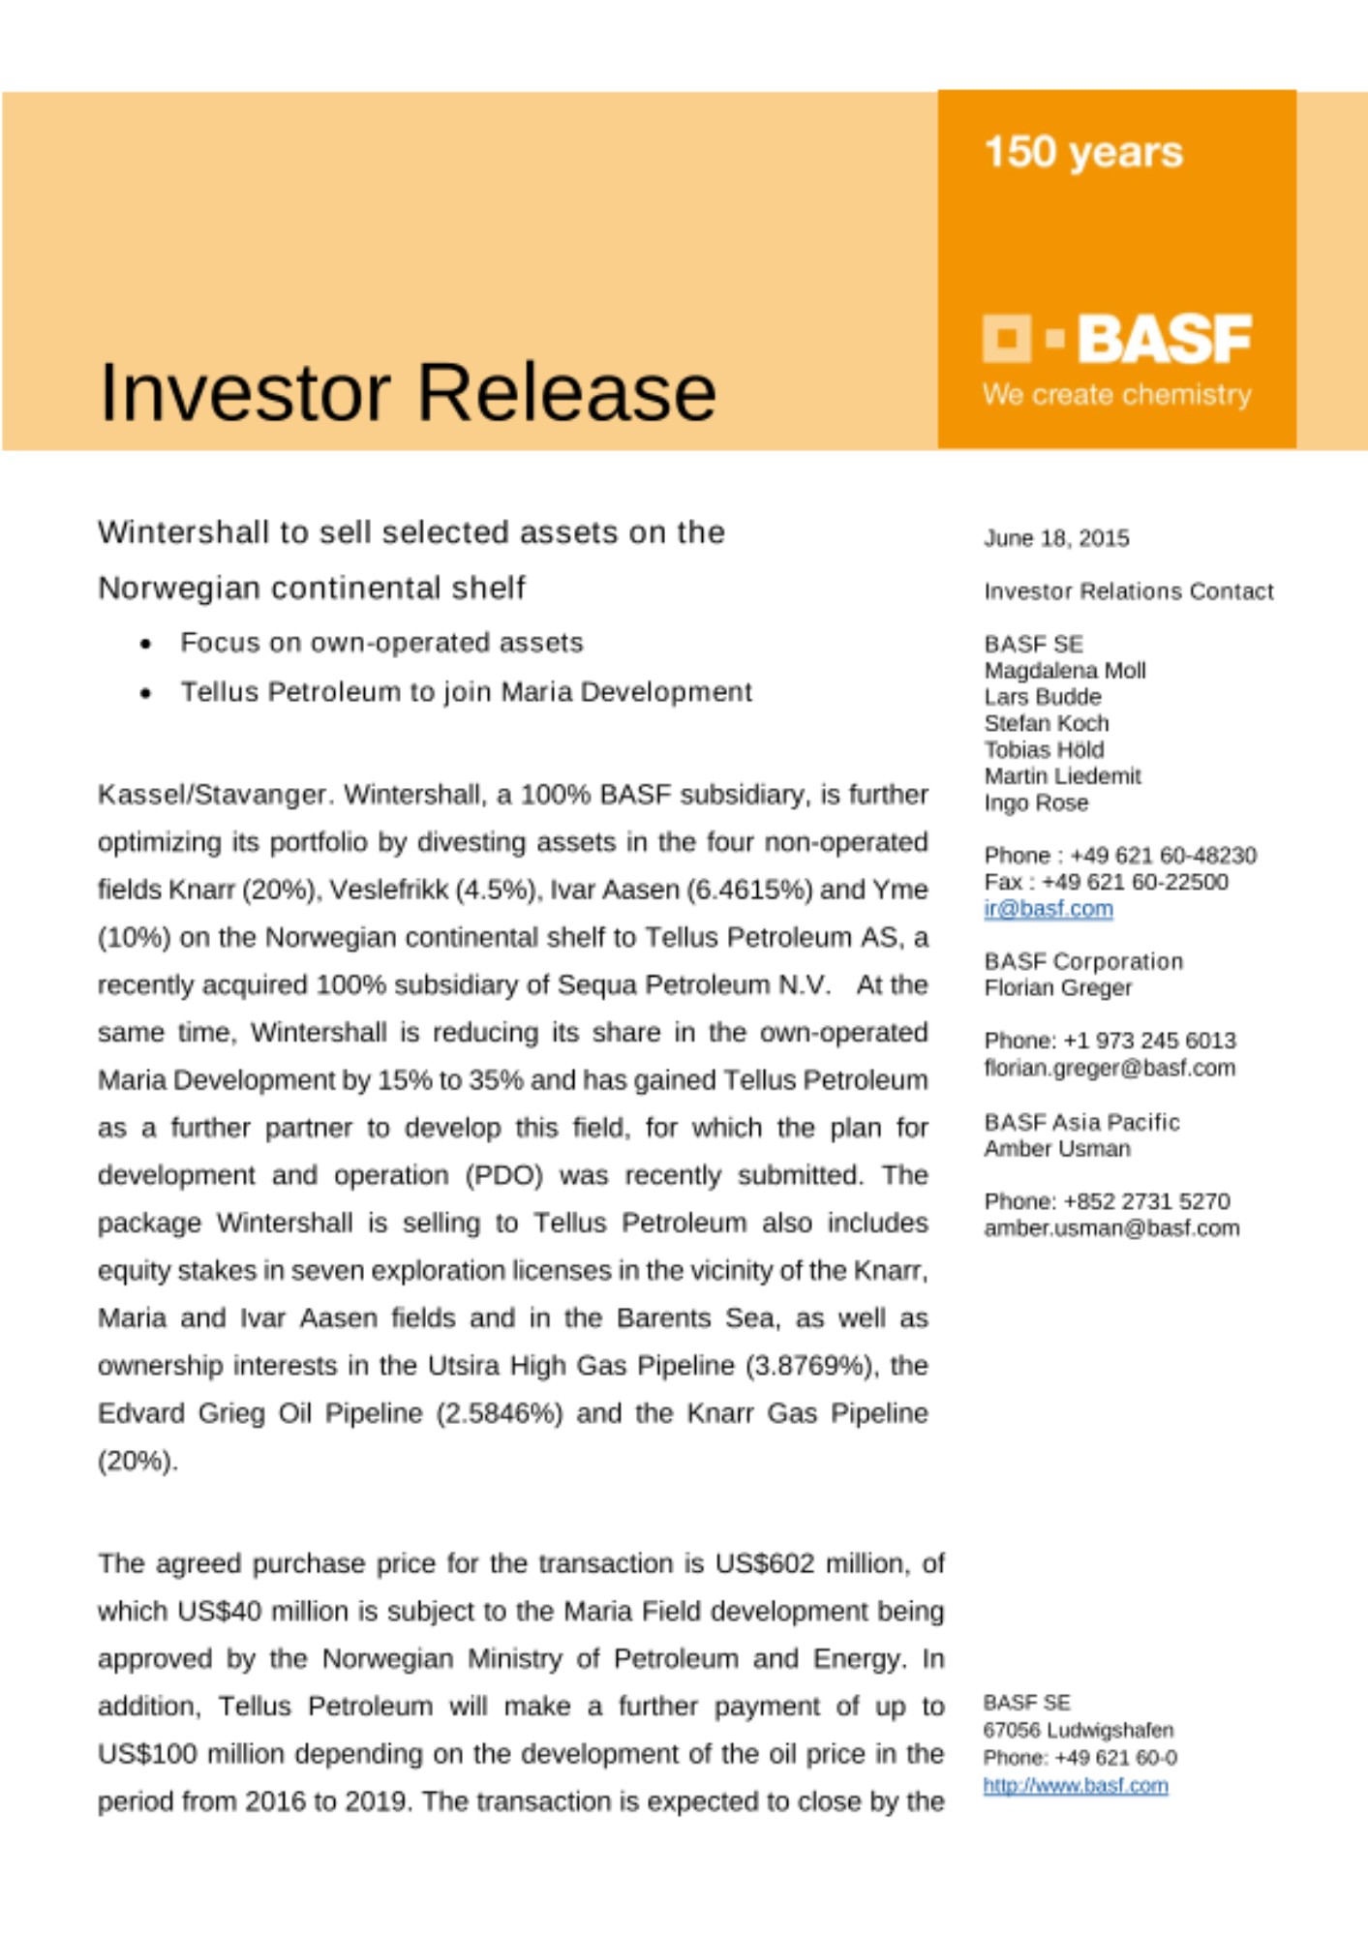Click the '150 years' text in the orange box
pyautogui.click(x=1083, y=152)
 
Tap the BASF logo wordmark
pyautogui.click(x=1164, y=339)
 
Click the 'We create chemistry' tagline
pyautogui.click(x=1116, y=395)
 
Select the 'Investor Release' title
pyautogui.click(x=408, y=392)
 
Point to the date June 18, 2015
pyautogui.click(x=1056, y=538)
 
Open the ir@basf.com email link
pyautogui.click(x=1049, y=909)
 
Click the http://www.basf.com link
pyautogui.click(x=1076, y=1786)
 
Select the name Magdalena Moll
pyautogui.click(x=1065, y=671)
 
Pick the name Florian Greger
pyautogui.click(x=1057, y=988)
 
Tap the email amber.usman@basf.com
pyautogui.click(x=1111, y=1228)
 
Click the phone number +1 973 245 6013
pyautogui.click(x=1149, y=1041)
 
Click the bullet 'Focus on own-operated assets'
pyautogui.click(x=381, y=643)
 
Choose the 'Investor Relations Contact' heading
pyautogui.click(x=1129, y=591)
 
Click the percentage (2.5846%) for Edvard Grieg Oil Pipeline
pyautogui.click(x=499, y=1413)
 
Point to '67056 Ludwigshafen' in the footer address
pyautogui.click(x=1078, y=1731)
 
